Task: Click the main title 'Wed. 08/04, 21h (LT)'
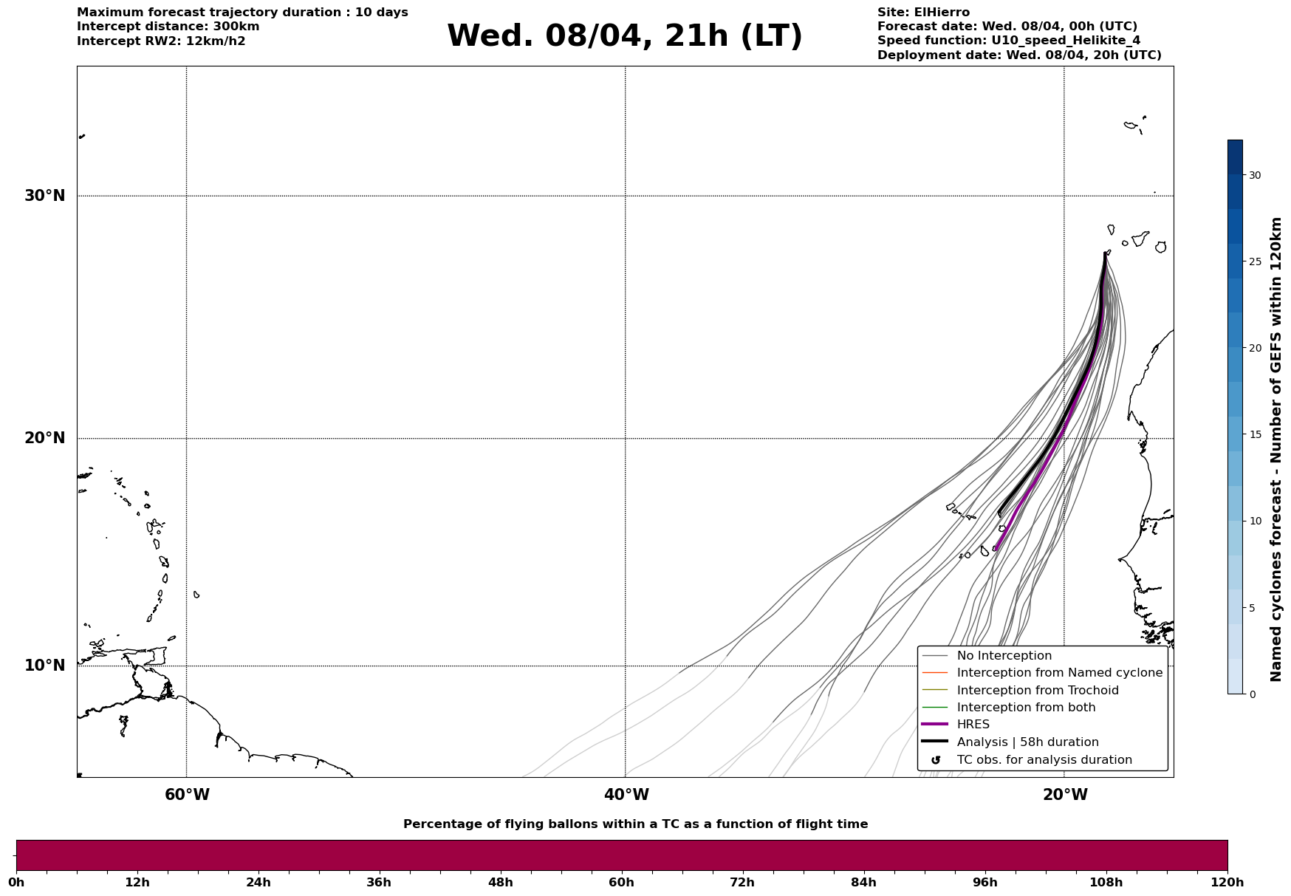coord(624,36)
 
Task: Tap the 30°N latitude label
coord(44,196)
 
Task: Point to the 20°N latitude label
coord(44,438)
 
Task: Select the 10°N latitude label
coord(44,666)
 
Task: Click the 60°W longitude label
coord(187,795)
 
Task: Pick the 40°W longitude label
coord(626,795)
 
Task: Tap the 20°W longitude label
coord(1065,795)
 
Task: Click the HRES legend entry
coord(973,725)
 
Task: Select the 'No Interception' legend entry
coord(1004,656)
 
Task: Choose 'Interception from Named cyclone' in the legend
coord(1059,673)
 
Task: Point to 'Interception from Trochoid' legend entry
coord(1037,691)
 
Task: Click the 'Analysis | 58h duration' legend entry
coord(1027,742)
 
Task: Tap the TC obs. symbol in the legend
coord(936,760)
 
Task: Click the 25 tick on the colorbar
coord(1254,261)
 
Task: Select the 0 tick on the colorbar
coord(1252,694)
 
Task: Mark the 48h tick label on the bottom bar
coord(500,883)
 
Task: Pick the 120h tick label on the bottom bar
coord(1227,883)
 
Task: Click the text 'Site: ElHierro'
coord(923,13)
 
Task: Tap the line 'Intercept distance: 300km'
coord(168,27)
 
